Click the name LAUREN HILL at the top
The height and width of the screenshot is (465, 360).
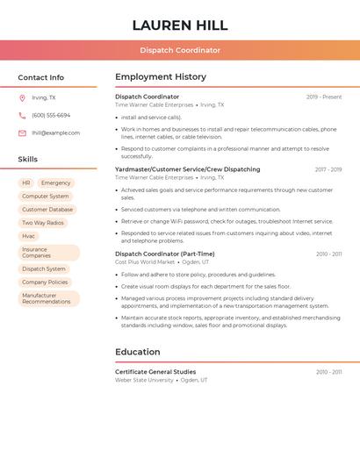pyautogui.click(x=179, y=25)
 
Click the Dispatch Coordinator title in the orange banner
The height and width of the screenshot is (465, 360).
pyautogui.click(x=179, y=50)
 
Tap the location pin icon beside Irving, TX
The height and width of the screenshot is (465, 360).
pyautogui.click(x=22, y=98)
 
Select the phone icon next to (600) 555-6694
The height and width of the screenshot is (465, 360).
pyautogui.click(x=22, y=116)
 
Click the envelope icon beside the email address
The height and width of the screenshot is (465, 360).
pyautogui.click(x=22, y=133)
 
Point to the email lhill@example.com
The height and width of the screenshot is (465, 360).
pyautogui.click(x=55, y=133)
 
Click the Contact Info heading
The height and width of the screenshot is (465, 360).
pyautogui.click(x=40, y=77)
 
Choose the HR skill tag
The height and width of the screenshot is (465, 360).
pyautogui.click(x=26, y=183)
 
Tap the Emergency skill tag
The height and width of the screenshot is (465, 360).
pyautogui.click(x=55, y=183)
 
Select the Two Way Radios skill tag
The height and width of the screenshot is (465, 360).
pyautogui.click(x=43, y=223)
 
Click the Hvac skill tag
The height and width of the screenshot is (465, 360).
pyautogui.click(x=29, y=236)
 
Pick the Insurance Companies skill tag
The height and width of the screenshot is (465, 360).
pyautogui.click(x=37, y=253)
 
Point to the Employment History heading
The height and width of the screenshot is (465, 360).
pyautogui.click(x=161, y=77)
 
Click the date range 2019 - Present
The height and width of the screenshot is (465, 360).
pyautogui.click(x=324, y=97)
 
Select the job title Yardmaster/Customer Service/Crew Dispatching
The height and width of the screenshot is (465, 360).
pyautogui.click(x=187, y=169)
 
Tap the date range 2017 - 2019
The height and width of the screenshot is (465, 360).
pyautogui.click(x=328, y=169)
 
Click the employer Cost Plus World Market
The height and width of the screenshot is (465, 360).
pyautogui.click(x=145, y=261)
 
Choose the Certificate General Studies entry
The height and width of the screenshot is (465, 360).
pyautogui.click(x=155, y=372)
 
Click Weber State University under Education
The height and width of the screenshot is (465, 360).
pyautogui.click(x=144, y=380)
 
